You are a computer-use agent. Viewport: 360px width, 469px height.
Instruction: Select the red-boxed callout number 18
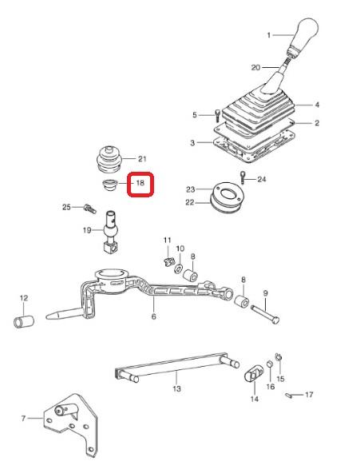[x=140, y=183]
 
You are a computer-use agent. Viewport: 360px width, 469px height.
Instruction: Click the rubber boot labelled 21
[x=109, y=160]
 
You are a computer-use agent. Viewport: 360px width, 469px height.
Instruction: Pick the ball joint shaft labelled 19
[x=111, y=231]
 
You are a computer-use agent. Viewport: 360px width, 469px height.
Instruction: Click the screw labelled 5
[x=218, y=115]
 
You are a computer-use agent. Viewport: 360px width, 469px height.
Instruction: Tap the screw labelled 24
[x=243, y=177]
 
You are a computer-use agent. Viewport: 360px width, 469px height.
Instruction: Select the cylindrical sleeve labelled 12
[x=24, y=321]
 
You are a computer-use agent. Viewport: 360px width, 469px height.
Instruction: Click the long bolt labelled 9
[x=265, y=314]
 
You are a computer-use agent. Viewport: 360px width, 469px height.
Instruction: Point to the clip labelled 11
[x=169, y=261]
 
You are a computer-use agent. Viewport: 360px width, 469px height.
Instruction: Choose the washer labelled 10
[x=179, y=268]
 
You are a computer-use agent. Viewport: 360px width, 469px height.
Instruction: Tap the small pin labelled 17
[x=289, y=395]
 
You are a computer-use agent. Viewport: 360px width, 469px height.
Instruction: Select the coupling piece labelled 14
[x=254, y=373]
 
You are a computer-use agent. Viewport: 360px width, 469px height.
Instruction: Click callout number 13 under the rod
[x=177, y=388]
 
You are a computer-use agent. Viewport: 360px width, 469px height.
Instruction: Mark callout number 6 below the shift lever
[x=153, y=316]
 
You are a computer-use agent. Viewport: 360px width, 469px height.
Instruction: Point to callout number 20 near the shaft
[x=255, y=68]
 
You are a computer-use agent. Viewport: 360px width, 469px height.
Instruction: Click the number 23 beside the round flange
[x=191, y=189]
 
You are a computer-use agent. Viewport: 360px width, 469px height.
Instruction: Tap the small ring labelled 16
[x=269, y=364]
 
